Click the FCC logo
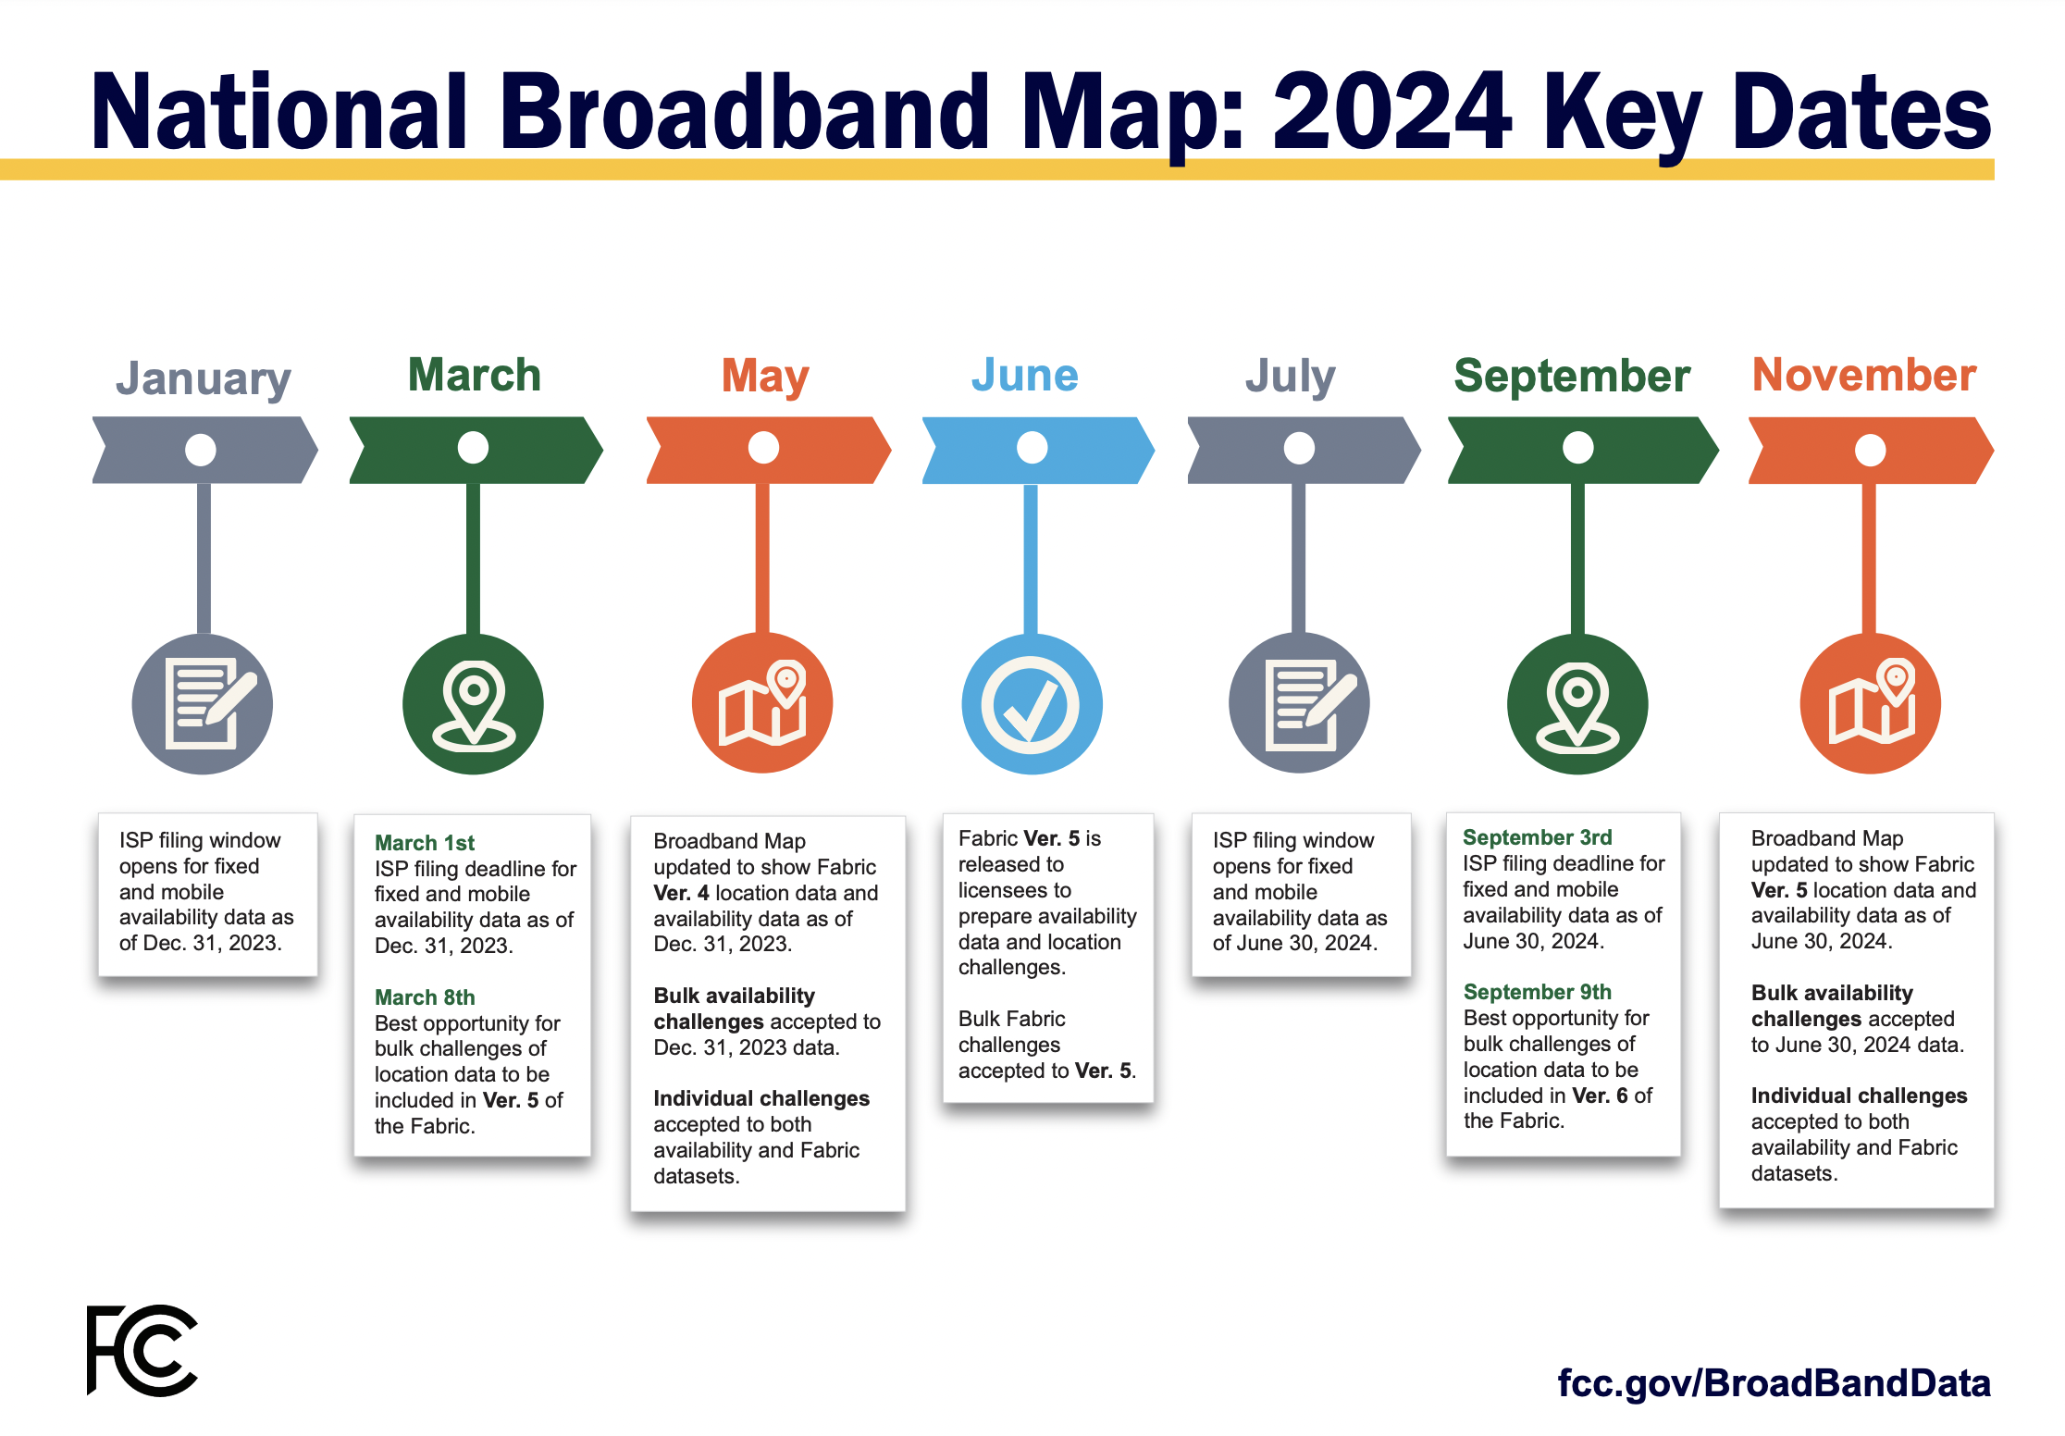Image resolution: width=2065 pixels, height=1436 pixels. (142, 1350)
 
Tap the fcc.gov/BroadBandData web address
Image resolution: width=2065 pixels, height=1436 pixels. (1774, 1383)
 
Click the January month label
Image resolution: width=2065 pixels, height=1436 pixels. (204, 378)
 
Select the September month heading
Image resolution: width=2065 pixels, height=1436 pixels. (1572, 377)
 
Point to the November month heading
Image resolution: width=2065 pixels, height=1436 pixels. (1864, 375)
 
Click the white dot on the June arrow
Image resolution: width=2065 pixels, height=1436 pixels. (1032, 448)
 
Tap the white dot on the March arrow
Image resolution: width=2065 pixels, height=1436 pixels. (473, 448)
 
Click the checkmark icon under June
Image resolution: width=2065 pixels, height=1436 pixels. (1031, 705)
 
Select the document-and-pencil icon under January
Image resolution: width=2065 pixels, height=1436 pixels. (210, 703)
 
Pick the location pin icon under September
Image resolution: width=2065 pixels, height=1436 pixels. (1577, 706)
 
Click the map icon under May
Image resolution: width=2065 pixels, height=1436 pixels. (763, 703)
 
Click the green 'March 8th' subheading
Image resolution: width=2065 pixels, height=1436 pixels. (425, 997)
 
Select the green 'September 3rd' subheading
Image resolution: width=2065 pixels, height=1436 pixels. (1537, 837)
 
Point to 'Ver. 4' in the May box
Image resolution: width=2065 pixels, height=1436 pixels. (681, 893)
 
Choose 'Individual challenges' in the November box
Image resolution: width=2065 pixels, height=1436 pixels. (1859, 1096)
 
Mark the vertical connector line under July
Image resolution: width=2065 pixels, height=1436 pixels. (1299, 558)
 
